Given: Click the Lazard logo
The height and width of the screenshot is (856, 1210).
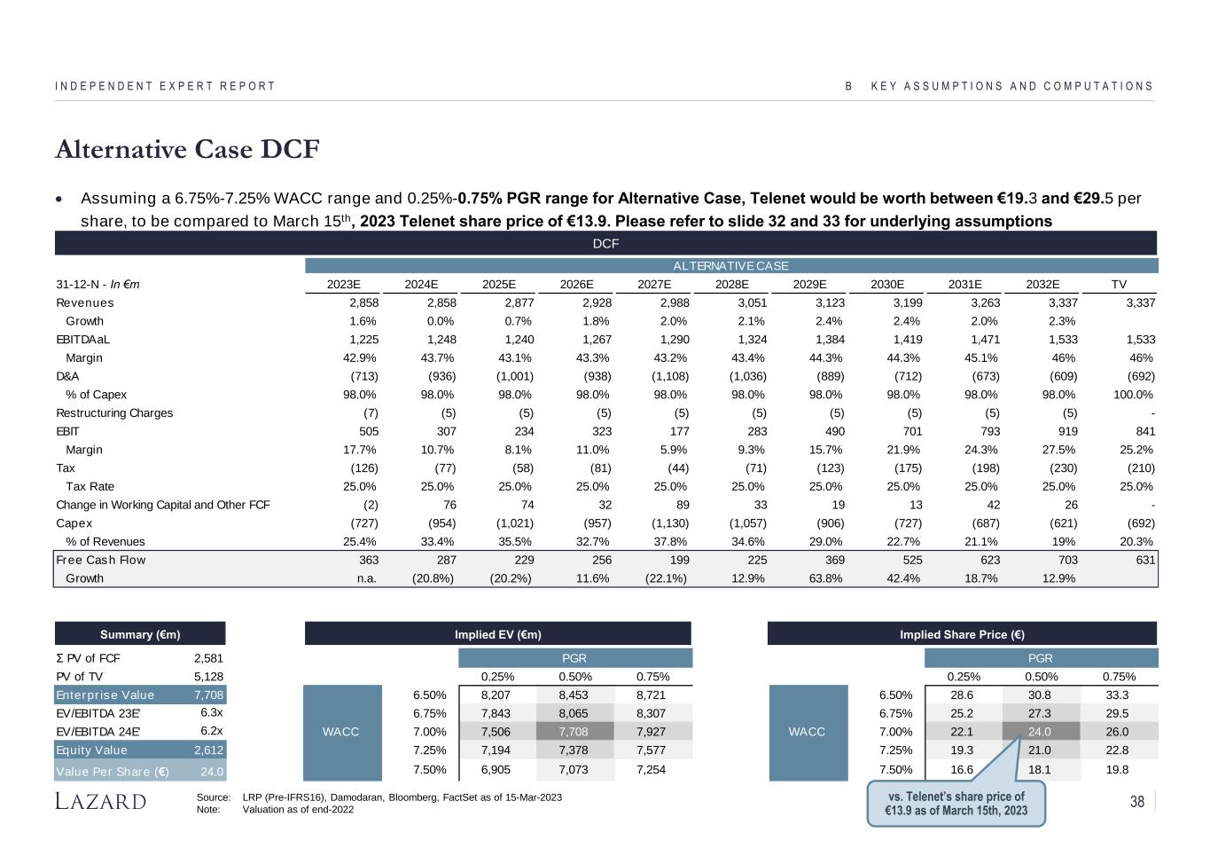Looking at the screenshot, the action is (x=100, y=801).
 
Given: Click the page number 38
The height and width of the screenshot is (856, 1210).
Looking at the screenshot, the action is (x=1137, y=801).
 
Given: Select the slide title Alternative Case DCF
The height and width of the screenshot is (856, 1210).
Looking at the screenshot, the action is (x=187, y=149).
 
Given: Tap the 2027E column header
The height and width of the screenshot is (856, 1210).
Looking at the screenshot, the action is (x=654, y=284).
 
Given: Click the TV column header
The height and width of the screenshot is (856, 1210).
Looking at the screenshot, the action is (x=1119, y=284).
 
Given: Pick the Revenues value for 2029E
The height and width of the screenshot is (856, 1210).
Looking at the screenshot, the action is (x=830, y=302).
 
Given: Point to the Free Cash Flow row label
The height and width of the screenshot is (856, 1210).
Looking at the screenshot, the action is (x=101, y=560).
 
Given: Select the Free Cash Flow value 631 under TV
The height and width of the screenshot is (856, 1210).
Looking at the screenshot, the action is (x=1145, y=560).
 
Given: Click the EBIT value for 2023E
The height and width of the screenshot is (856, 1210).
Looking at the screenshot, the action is (x=369, y=431).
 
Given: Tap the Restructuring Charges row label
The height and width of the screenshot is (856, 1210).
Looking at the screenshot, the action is (x=114, y=412).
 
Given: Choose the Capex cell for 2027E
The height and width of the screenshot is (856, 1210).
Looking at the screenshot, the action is (x=670, y=523).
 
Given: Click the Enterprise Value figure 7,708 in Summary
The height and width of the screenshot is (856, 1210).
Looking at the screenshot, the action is (x=208, y=695).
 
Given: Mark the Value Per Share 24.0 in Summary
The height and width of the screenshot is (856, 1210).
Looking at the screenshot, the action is (x=212, y=772).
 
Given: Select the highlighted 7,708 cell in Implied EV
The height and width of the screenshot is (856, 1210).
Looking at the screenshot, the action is (x=574, y=732).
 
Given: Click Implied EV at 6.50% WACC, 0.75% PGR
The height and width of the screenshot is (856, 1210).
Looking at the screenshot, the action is (x=651, y=695).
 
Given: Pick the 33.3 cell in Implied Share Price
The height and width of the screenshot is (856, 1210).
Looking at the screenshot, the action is (x=1117, y=695).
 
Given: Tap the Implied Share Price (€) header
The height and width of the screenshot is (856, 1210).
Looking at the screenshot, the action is (x=962, y=634).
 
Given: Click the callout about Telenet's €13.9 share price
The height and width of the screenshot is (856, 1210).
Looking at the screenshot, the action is (x=956, y=804).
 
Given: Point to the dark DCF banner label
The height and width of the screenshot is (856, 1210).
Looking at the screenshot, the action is (x=605, y=244).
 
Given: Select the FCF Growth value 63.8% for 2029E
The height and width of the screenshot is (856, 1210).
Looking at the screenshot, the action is (x=825, y=578).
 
